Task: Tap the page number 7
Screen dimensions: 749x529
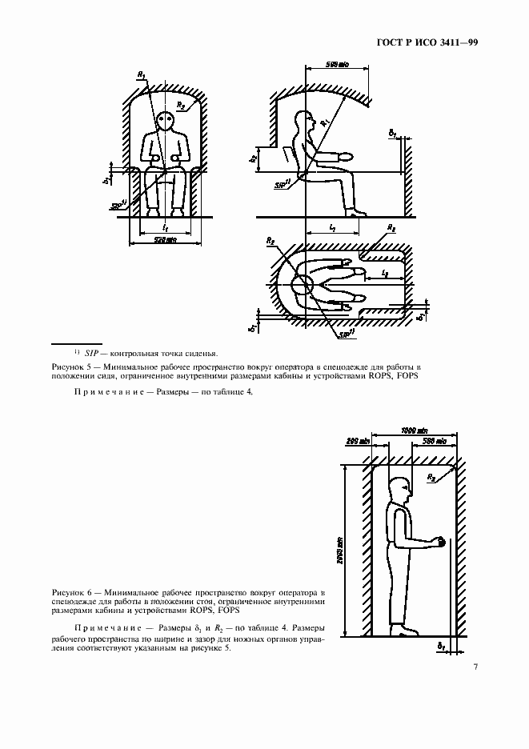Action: pyautogui.click(x=475, y=667)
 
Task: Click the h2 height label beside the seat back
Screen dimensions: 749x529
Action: pyautogui.click(x=253, y=158)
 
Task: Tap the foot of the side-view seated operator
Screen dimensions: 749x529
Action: pyautogui.click(x=358, y=212)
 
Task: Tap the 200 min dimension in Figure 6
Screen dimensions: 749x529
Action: pyautogui.click(x=356, y=441)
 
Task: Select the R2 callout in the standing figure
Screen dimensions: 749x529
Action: pyautogui.click(x=432, y=477)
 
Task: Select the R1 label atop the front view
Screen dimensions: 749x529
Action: pyautogui.click(x=141, y=75)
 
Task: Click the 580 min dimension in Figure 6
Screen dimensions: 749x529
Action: pyautogui.click(x=433, y=441)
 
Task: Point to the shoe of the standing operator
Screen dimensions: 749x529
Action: pyautogui.click(x=409, y=631)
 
